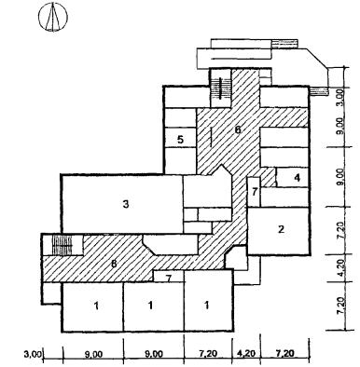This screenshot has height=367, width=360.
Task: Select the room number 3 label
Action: click(126, 205)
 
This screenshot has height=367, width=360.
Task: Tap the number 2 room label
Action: click(281, 229)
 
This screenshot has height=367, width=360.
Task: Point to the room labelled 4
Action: click(298, 178)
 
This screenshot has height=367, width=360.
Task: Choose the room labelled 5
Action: click(180, 140)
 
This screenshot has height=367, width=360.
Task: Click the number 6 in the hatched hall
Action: click(238, 129)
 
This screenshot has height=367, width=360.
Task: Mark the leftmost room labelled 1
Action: click(96, 306)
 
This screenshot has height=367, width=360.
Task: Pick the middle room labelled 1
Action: click(150, 306)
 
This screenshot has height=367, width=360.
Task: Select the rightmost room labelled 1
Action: click(206, 306)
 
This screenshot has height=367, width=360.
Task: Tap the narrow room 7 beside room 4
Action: click(255, 192)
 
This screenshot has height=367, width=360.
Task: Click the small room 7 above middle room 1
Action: click(169, 277)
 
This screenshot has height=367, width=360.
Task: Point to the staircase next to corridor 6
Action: click(220, 88)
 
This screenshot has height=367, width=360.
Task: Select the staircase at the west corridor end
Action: click(62, 245)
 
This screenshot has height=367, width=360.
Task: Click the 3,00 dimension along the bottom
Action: click(33, 354)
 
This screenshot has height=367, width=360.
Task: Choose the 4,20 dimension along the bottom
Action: click(247, 353)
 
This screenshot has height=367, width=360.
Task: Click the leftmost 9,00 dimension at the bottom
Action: click(93, 354)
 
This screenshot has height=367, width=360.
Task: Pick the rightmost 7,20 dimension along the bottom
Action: click(285, 353)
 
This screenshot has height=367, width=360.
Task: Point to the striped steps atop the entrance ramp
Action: click(284, 44)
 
